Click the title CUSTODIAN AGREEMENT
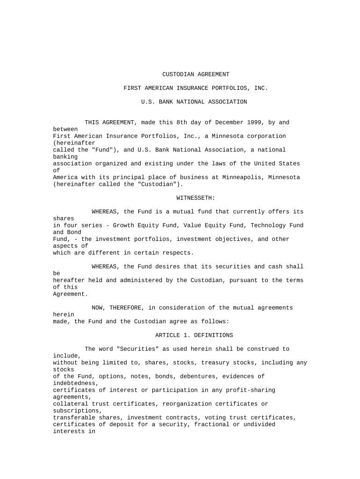(x=195, y=74)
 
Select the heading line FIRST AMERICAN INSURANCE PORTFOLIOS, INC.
(x=195, y=88)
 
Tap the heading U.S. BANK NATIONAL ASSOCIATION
(x=194, y=102)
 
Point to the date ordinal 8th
(x=181, y=123)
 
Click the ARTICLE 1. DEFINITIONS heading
(x=194, y=335)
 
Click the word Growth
(x=123, y=225)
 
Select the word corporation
(x=265, y=136)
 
